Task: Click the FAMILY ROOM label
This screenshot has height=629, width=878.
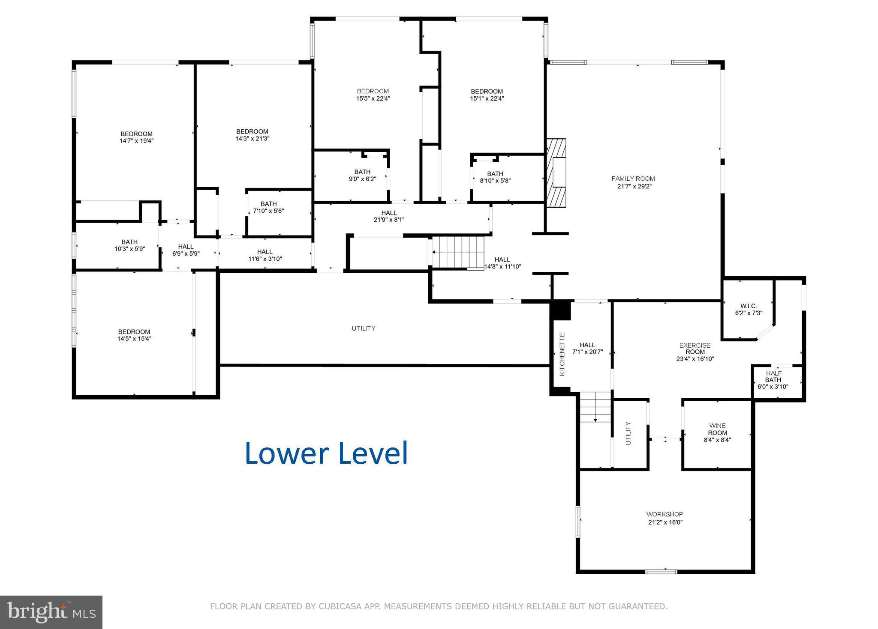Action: tap(633, 179)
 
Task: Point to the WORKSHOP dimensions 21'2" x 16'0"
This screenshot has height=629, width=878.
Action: tap(665, 522)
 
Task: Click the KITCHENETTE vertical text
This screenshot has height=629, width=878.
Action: tap(562, 354)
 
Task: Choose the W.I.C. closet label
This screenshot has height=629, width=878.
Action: tap(749, 306)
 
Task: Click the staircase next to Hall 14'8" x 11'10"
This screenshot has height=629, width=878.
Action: tap(458, 252)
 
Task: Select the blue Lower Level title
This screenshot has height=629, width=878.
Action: tap(326, 453)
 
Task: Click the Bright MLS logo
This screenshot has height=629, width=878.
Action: tap(51, 612)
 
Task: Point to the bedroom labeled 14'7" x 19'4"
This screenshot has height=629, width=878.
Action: tap(136, 137)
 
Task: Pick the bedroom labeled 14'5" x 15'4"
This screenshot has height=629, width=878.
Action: tap(134, 335)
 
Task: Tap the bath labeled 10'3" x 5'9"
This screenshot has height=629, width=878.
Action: tap(129, 245)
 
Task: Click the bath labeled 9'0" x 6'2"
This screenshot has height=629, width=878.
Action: tap(362, 175)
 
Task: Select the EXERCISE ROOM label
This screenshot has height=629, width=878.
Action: tap(695, 349)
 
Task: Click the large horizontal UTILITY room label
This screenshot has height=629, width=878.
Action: tap(364, 328)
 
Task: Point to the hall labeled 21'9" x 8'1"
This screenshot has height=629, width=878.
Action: tap(389, 216)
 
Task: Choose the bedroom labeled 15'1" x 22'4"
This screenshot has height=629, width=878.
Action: tap(487, 95)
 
